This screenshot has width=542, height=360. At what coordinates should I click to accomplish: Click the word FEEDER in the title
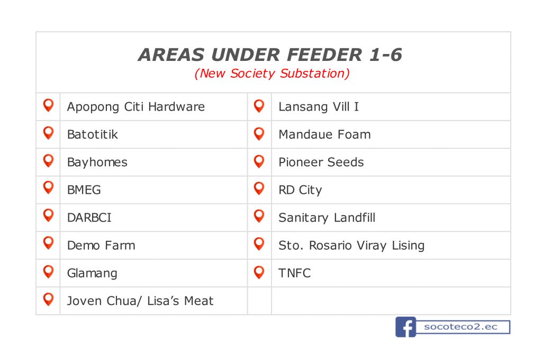tap(324, 55)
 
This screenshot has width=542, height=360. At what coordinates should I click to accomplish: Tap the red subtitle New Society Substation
tap(272, 73)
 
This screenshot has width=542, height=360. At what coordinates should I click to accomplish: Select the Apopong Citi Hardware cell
tap(136, 107)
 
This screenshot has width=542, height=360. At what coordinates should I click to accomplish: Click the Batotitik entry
tap(92, 134)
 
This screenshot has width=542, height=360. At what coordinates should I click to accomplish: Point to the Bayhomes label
tap(97, 162)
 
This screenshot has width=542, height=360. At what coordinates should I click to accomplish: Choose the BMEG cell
tap(84, 190)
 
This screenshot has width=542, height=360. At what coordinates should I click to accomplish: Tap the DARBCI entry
tap(89, 218)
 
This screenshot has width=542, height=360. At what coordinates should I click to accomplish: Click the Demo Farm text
tap(101, 245)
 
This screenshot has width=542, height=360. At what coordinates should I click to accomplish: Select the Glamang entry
tap(92, 273)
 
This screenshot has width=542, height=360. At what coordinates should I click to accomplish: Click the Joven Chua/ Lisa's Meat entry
tap(140, 301)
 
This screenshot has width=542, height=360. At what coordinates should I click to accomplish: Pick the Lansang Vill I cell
tap(319, 107)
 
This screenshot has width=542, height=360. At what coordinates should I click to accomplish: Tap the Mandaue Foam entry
tap(324, 134)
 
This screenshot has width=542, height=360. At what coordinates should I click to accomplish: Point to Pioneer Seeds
tap(321, 162)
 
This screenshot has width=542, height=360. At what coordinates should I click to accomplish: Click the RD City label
tap(300, 190)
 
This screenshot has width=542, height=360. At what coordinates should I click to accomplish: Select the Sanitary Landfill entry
tap(327, 218)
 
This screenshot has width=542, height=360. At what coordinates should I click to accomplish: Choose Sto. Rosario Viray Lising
tap(351, 245)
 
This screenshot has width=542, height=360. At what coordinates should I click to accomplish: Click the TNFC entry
tap(294, 273)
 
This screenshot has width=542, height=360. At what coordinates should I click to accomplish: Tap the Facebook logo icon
tap(406, 327)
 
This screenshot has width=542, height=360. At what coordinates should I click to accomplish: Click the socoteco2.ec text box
tap(463, 327)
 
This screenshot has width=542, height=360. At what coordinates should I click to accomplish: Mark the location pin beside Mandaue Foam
tap(259, 133)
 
